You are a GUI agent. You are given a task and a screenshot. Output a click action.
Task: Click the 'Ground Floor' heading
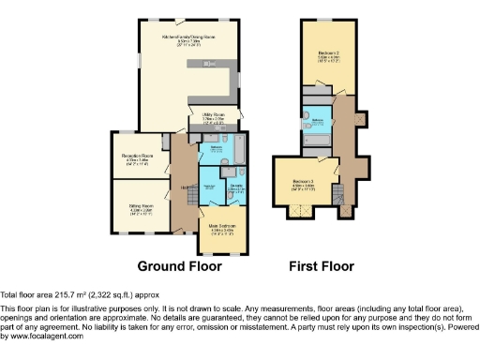click(x=180, y=266)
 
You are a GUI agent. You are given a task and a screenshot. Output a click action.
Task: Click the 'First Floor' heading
click(x=322, y=266)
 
